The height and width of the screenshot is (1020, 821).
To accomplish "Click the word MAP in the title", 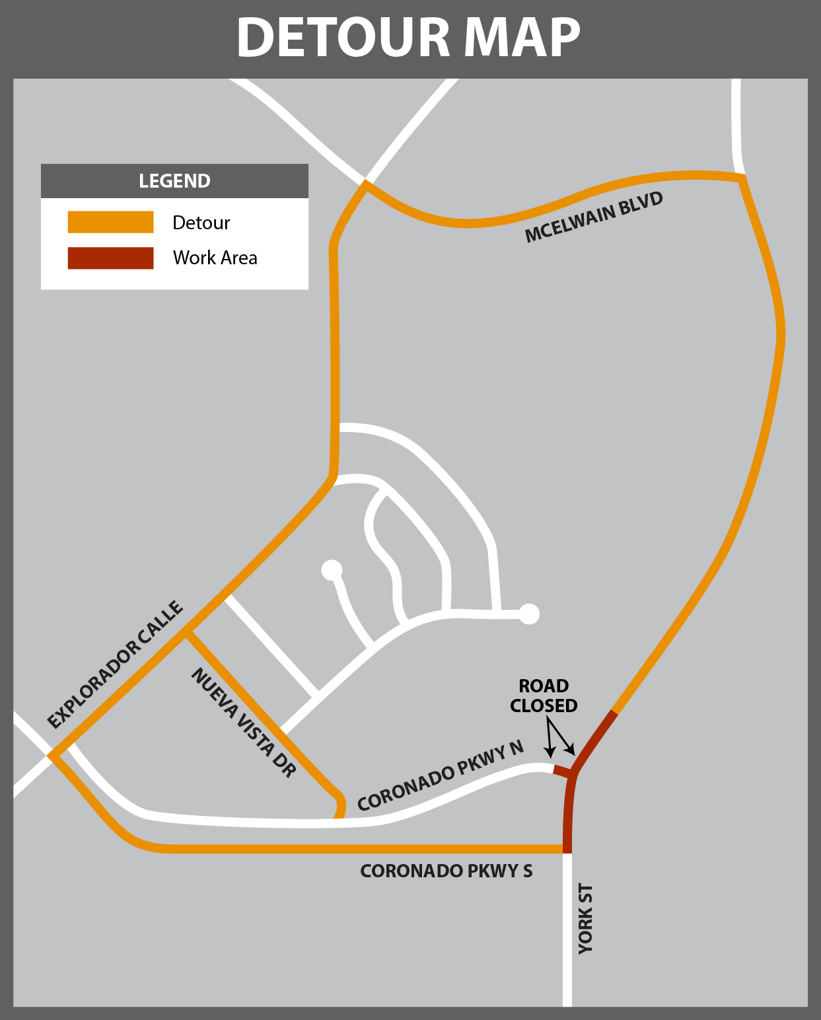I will [x=522, y=37].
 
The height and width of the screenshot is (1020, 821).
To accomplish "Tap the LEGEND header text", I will [x=174, y=181].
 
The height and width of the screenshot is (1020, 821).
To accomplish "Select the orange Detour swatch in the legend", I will [x=110, y=222].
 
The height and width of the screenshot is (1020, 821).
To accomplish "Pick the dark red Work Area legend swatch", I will [x=110, y=258].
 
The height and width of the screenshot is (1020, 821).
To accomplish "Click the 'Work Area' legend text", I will [x=215, y=258].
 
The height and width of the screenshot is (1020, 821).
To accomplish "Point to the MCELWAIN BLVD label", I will [x=594, y=217].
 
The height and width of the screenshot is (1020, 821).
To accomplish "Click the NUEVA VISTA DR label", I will [x=243, y=722].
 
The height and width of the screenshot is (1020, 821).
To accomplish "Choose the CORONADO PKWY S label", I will [x=446, y=871].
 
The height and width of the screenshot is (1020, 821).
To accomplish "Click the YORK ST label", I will [x=586, y=919].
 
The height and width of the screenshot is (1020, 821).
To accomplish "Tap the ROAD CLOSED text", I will [x=544, y=696].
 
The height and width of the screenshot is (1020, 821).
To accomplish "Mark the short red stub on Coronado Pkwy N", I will [x=562, y=771].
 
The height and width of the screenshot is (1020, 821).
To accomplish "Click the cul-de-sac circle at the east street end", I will [x=529, y=614].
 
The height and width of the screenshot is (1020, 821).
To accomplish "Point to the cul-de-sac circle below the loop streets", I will [x=332, y=569].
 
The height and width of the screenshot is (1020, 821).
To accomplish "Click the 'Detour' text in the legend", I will [x=201, y=223].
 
